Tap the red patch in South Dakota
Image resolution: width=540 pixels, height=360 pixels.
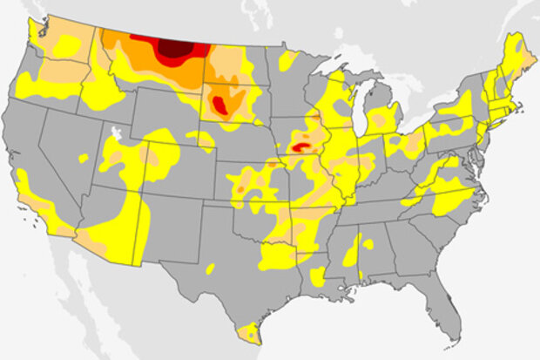[221, 106]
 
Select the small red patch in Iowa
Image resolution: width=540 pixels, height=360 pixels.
[300, 148]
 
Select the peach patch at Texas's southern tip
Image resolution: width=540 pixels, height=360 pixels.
[251, 331]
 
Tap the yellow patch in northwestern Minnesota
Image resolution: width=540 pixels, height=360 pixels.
[287, 59]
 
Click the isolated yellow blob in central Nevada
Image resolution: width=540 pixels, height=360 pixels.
[83, 159]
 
